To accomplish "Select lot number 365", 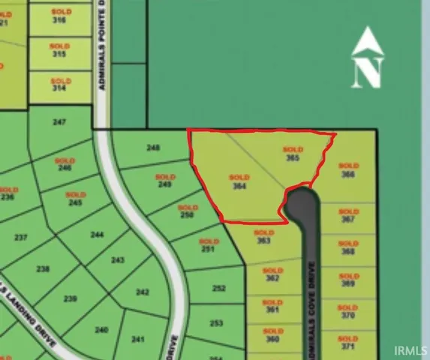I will tap(293, 158).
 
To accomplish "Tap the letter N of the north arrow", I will tap(368, 73).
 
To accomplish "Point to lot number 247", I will tap(61, 121).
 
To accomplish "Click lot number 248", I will tap(153, 148).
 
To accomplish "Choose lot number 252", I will tap(218, 288).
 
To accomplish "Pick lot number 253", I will tap(216, 323).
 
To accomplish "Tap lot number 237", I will tap(21, 238).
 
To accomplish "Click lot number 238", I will tap(43, 269).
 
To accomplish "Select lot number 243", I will tap(117, 260).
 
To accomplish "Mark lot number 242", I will tap(143, 292).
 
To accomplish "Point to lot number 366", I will tap(347, 174).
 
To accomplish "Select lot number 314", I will tap(59, 87).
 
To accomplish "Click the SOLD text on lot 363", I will tap(264, 232).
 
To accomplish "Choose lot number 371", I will tap(347, 347).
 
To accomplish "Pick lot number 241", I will tap(137, 339).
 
